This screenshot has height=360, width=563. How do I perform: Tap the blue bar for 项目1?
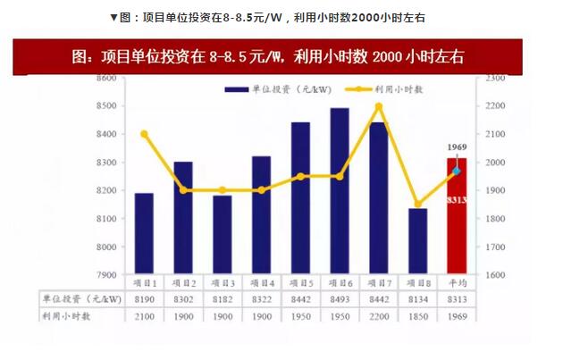tap(144, 233)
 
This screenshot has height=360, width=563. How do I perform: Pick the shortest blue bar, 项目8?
tap(417, 241)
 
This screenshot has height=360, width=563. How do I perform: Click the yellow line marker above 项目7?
tap(379, 106)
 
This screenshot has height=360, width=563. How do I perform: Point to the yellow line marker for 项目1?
tap(144, 134)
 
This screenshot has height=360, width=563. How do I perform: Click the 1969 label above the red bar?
tap(457, 146)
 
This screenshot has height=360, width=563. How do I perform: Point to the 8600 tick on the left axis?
tap(107, 79)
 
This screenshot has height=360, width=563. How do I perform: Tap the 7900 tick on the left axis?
tap(107, 275)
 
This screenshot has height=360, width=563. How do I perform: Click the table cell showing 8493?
tap(340, 299)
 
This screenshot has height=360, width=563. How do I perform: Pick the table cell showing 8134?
tap(417, 299)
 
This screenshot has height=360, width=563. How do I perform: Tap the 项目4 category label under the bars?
tap(262, 282)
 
